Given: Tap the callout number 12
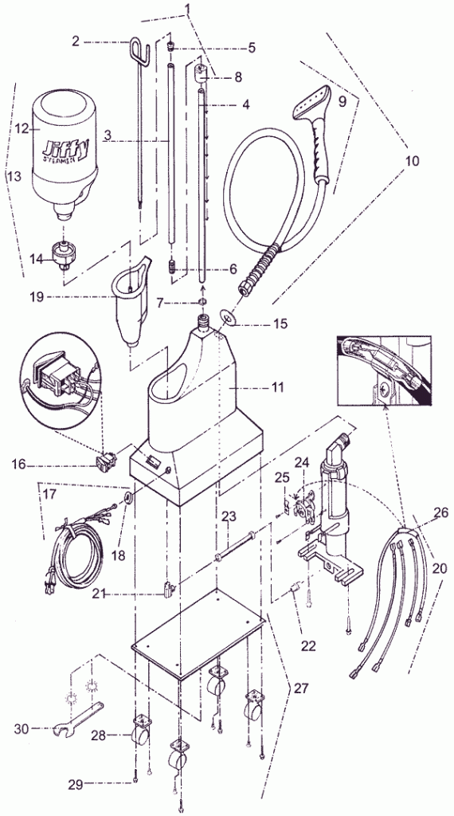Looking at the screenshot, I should click(21, 127).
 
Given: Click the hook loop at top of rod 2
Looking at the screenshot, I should click(137, 52).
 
